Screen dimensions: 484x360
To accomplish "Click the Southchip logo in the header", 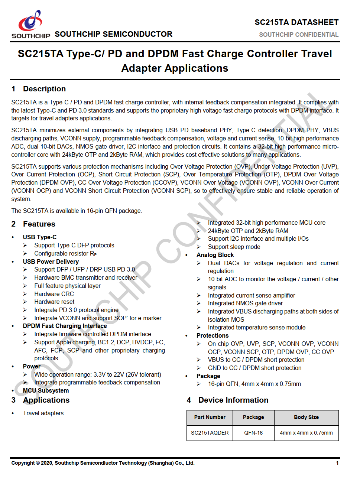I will point(31,24).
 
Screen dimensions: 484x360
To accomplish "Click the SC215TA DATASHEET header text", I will point(296,22).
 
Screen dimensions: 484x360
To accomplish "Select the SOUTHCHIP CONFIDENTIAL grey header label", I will point(299,35).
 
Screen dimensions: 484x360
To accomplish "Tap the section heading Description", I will point(44,89).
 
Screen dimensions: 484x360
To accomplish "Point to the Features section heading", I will point(39,224).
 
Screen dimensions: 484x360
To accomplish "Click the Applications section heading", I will point(46,400).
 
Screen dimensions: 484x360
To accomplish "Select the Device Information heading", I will point(233,400).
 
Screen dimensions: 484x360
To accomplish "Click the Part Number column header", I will point(210,417).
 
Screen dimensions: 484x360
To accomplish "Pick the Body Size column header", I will point(306,417).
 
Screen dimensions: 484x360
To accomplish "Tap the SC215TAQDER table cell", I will point(210,433).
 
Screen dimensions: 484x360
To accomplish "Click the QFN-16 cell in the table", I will point(253,433).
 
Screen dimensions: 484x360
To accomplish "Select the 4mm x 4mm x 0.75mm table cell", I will point(306,433).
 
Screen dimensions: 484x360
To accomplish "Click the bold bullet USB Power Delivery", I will point(51,262).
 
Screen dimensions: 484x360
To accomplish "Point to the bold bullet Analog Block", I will point(215,255).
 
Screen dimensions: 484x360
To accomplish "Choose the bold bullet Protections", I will point(213,335).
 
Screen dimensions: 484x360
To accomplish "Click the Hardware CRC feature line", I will point(54,294).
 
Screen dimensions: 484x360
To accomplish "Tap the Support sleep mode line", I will point(234,247).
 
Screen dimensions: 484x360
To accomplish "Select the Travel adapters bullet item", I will point(43,413).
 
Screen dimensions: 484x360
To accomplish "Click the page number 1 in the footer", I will point(337,463).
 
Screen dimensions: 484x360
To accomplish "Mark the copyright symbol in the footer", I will point(38,463).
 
